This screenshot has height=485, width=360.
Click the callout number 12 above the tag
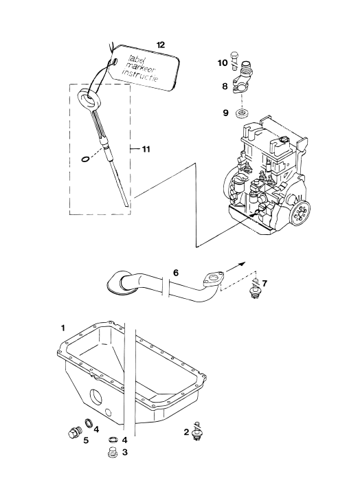click(x=161, y=45)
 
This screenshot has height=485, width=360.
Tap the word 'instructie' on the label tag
click(x=139, y=76)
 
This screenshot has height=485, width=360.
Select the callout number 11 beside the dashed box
click(x=146, y=149)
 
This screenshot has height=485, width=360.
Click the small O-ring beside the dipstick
click(x=85, y=159)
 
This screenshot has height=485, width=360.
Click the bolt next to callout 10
click(x=234, y=60)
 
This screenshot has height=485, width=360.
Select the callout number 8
click(x=225, y=87)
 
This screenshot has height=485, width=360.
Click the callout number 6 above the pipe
click(x=176, y=273)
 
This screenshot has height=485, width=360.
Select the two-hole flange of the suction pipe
click(x=213, y=278)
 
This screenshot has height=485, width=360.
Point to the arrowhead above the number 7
click(x=242, y=264)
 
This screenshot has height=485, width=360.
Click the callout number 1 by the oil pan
click(x=63, y=328)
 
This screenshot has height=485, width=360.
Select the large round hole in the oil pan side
click(x=95, y=396)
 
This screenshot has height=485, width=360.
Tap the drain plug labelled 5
click(x=74, y=431)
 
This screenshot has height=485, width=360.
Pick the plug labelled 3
click(x=113, y=452)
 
